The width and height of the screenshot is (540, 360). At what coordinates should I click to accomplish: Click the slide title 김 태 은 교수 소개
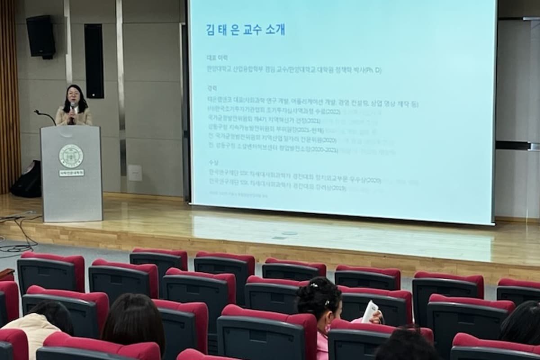point(245,30)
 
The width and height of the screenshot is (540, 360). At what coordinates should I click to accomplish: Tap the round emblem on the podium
point(71,156)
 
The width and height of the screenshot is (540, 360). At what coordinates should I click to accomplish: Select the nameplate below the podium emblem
point(71,172)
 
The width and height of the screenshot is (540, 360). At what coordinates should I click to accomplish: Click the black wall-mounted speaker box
point(40,36)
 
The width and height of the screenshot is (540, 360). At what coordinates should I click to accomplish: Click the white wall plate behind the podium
point(135,173)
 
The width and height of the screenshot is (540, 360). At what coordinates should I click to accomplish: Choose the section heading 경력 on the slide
point(212,88)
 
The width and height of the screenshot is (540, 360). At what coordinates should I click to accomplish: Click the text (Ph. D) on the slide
point(372,71)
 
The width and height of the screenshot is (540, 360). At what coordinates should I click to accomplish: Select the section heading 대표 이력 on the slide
point(217,58)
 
